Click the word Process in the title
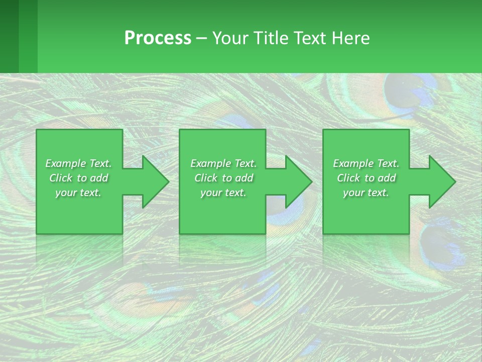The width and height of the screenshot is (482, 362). pyautogui.click(x=158, y=38)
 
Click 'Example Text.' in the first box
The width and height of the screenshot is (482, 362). pyautogui.click(x=78, y=163)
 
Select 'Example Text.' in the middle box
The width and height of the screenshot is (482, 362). pyautogui.click(x=223, y=163)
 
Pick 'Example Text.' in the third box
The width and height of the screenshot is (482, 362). pyautogui.click(x=366, y=163)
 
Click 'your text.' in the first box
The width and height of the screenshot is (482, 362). pyautogui.click(x=78, y=193)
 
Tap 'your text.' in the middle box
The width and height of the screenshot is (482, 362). pyautogui.click(x=223, y=193)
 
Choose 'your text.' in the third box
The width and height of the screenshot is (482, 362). pyautogui.click(x=366, y=193)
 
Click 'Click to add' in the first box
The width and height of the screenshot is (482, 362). pyautogui.click(x=78, y=178)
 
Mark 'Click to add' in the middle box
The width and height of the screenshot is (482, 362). pyautogui.click(x=223, y=178)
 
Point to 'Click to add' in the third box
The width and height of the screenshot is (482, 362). pyautogui.click(x=366, y=178)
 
